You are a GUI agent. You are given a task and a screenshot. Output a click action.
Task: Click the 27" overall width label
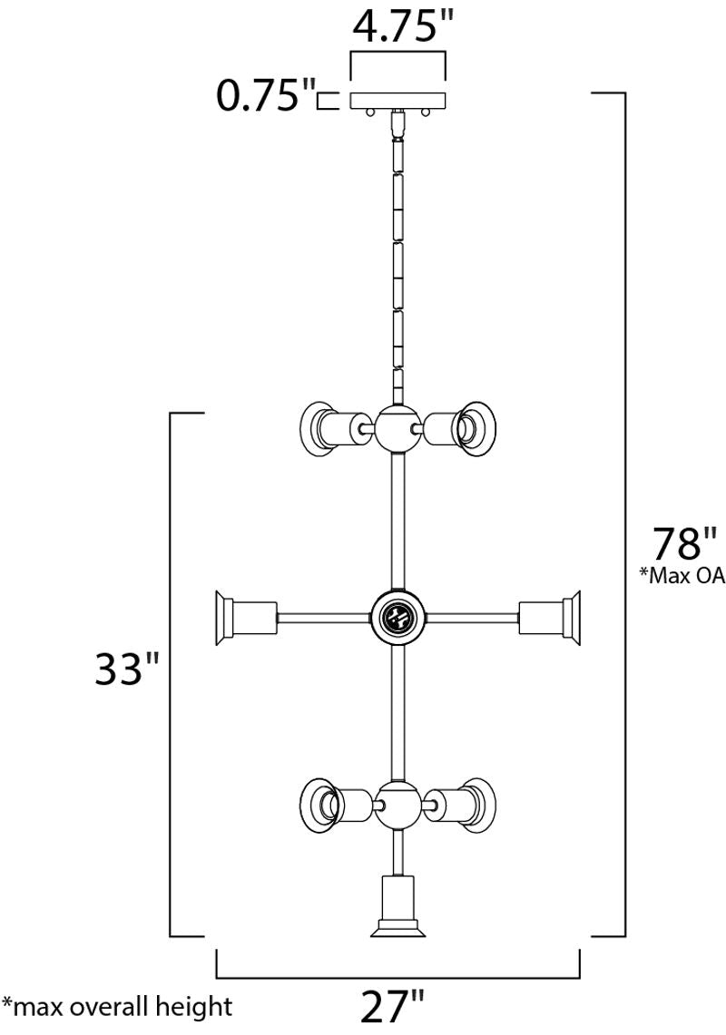392,1008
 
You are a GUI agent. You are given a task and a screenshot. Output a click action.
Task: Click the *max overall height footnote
117,1007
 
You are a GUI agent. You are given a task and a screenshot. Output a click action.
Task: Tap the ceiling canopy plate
398,101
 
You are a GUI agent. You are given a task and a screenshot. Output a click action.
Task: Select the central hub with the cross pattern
398,618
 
